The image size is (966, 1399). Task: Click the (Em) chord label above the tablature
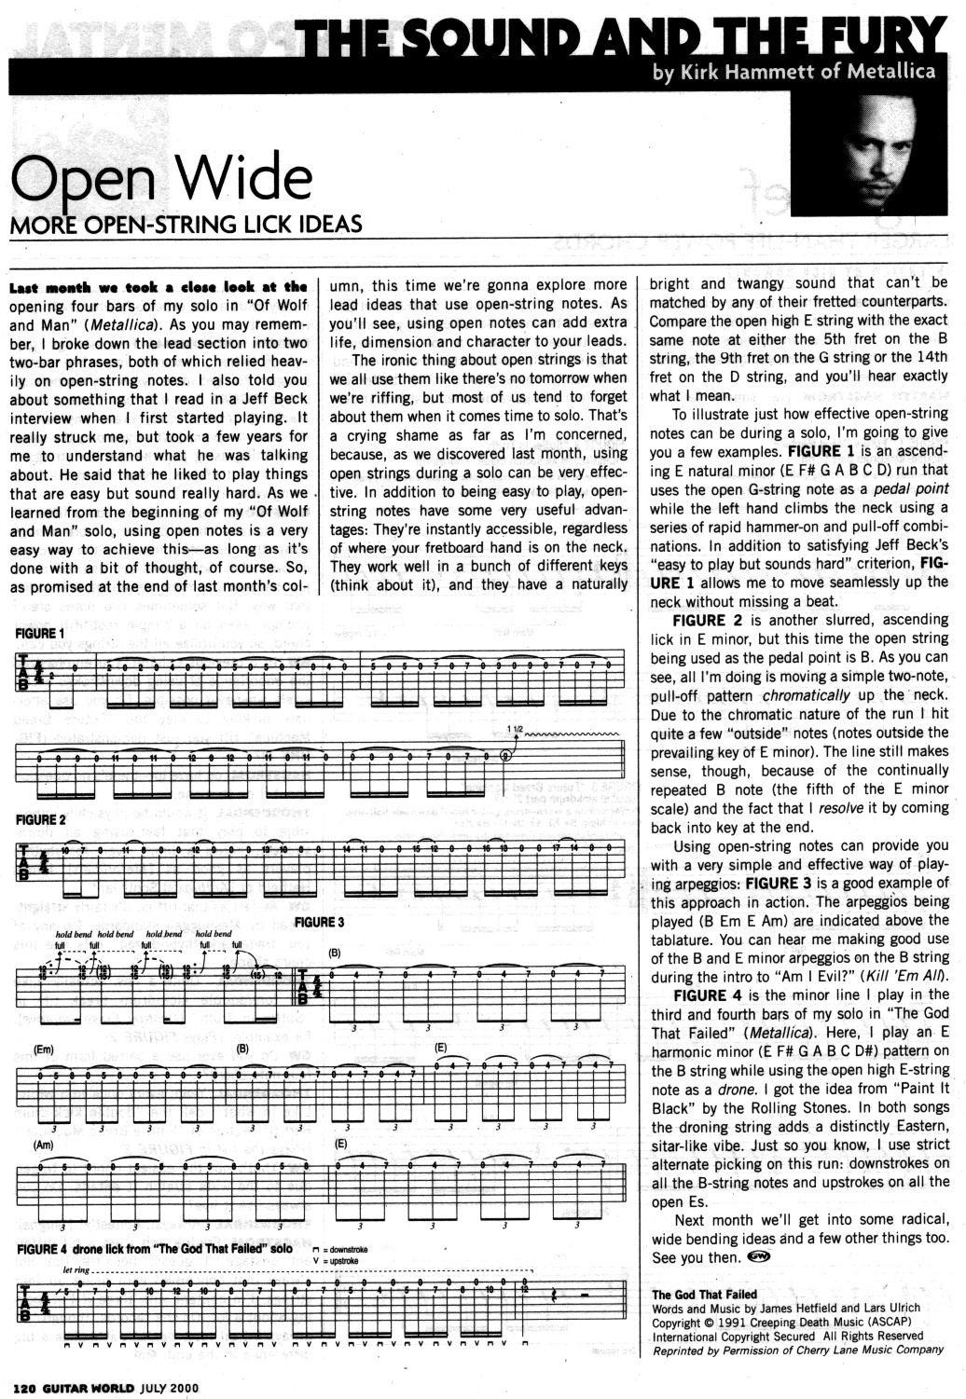pyautogui.click(x=43, y=1049)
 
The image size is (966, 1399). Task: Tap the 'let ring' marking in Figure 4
pyautogui.click(x=76, y=1269)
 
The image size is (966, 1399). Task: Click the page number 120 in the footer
pyautogui.click(x=24, y=1386)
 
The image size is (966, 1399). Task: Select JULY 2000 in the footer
pyautogui.click(x=170, y=1386)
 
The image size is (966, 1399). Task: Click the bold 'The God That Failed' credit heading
pyautogui.click(x=704, y=1295)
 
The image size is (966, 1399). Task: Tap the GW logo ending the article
pyautogui.click(x=758, y=1256)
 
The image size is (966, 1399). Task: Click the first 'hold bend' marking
pyautogui.click(x=74, y=934)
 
